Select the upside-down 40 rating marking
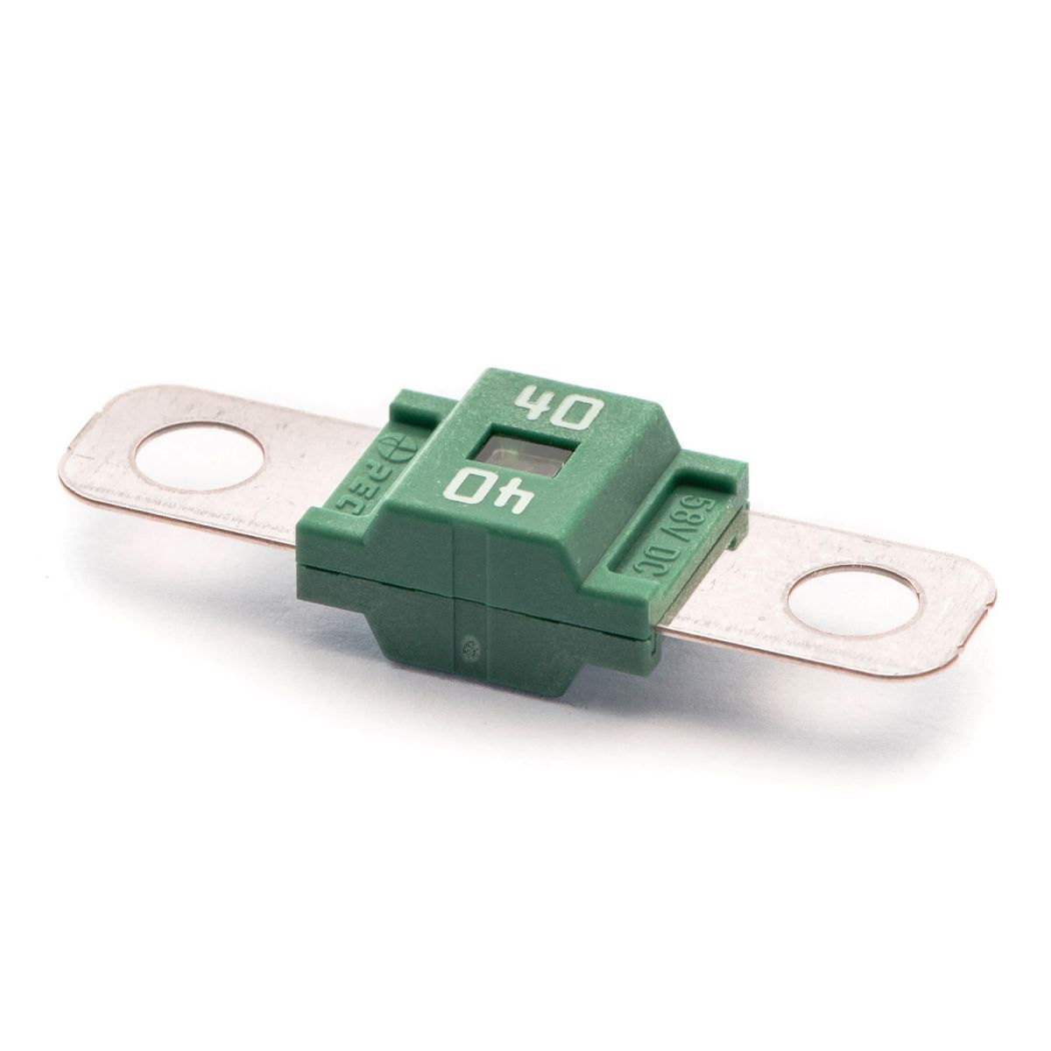pos(497,491)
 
